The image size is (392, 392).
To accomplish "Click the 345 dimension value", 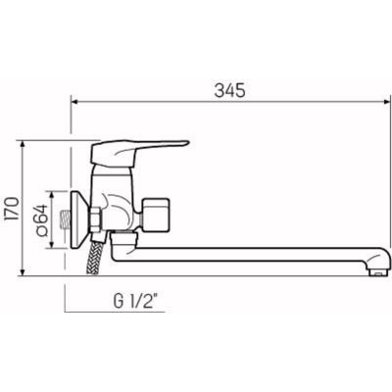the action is click(x=229, y=90).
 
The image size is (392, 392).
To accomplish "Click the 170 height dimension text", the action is click(x=13, y=209).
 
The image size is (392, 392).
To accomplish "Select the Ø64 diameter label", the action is click(x=41, y=220).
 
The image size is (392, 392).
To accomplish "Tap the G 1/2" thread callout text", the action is click(x=136, y=301).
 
